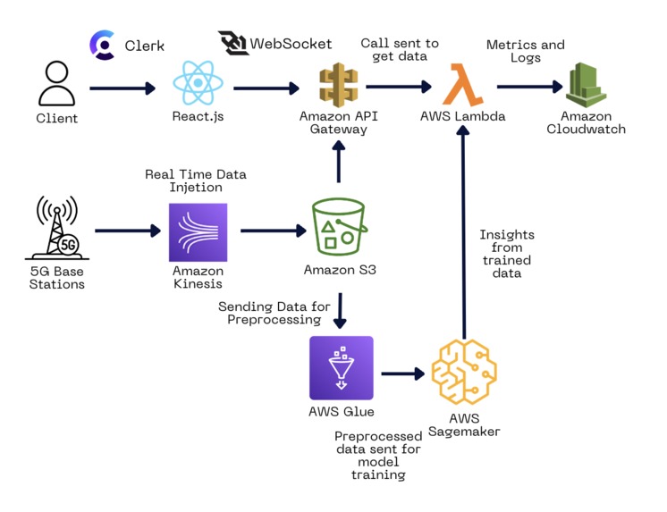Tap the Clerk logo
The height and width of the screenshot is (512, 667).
104,45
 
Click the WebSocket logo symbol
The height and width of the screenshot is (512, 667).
233,44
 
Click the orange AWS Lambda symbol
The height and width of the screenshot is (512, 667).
462,87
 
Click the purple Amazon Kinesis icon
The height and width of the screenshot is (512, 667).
198,231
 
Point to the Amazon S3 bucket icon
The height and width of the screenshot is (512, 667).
338,228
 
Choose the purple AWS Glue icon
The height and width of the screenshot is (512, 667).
339,368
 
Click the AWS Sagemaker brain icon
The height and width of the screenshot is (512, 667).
463,371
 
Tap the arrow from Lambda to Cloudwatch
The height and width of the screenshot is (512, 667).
529,88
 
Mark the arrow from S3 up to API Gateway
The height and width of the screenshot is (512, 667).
338,162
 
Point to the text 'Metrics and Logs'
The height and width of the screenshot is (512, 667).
525,52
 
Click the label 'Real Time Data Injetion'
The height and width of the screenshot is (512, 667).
196,180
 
